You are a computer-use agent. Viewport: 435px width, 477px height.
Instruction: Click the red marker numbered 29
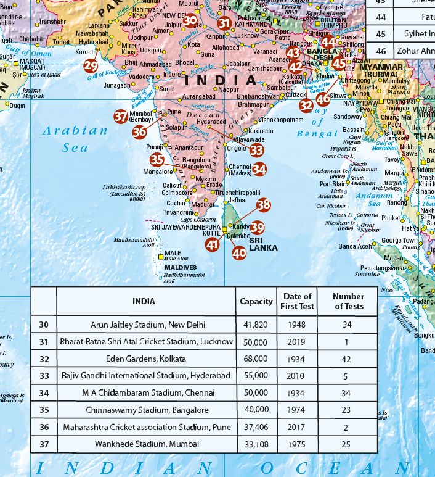91,66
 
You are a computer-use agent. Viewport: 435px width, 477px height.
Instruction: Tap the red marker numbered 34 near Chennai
259,168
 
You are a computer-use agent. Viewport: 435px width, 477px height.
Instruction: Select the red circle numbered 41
213,245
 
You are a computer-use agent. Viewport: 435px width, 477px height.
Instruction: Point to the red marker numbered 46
323,98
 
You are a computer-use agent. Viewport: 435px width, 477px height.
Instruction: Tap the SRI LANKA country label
264,243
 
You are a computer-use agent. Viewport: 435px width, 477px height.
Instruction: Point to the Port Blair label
332,184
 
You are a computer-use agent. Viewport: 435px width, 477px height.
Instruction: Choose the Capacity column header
256,302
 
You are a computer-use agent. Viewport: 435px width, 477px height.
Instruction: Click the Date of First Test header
297,302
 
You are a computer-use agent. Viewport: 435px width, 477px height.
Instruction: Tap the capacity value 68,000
256,359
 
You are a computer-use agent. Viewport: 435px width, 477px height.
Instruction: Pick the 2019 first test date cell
297,341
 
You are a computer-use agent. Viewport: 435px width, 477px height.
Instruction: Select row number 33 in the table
44,375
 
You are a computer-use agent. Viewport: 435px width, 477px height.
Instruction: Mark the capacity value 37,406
256,426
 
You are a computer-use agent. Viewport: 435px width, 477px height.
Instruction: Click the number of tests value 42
348,359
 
